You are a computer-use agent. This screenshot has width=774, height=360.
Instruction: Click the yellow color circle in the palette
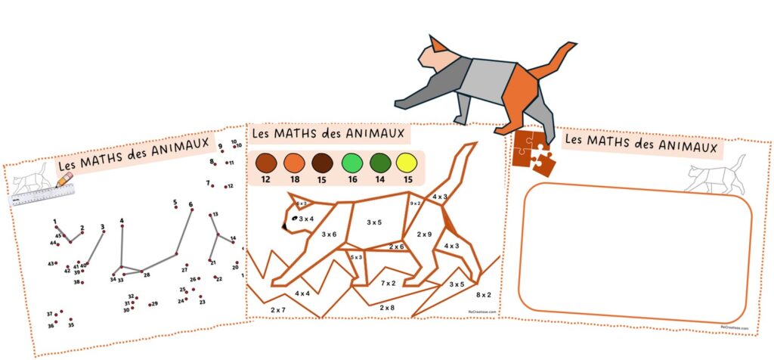(407, 163)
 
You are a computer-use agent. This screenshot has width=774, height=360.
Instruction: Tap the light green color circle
(352, 163)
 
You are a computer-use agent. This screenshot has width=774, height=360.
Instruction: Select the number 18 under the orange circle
(294, 180)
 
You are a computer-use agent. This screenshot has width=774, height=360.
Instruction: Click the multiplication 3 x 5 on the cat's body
(374, 222)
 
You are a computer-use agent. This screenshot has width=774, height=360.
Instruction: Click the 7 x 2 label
(388, 283)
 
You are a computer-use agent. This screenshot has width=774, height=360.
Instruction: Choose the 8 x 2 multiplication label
(484, 294)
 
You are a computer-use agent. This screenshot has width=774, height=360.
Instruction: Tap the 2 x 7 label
(277, 310)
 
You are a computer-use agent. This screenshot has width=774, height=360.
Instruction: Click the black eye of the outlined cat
(296, 219)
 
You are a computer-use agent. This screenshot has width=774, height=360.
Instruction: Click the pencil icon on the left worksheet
(64, 179)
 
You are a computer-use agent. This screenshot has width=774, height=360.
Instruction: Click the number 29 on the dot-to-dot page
(154, 304)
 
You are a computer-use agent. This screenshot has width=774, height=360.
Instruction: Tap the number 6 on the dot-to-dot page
(190, 204)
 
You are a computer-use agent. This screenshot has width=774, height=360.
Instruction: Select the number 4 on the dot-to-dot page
(122, 221)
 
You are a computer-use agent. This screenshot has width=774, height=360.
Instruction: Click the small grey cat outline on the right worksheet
(715, 176)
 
